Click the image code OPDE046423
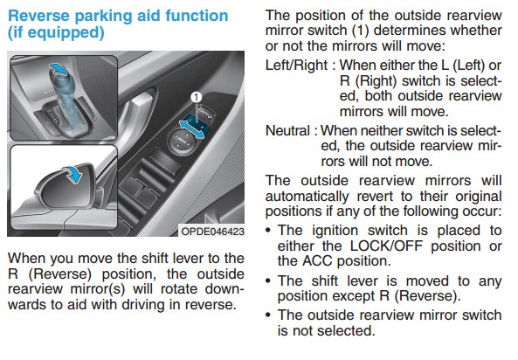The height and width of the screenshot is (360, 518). [213, 231]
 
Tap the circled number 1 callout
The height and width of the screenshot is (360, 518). [197, 97]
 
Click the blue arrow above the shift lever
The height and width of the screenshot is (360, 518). [59, 69]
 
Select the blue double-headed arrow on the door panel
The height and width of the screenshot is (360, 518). [191, 129]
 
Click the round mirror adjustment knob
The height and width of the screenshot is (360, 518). [181, 140]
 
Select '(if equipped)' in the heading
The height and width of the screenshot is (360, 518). [56, 32]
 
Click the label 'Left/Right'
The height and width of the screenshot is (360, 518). [296, 66]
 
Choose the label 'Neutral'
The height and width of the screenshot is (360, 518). [287, 130]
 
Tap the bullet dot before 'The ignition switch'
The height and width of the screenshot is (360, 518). [268, 231]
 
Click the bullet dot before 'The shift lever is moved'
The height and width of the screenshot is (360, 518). [268, 281]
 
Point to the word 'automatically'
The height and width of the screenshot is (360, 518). [307, 197]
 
